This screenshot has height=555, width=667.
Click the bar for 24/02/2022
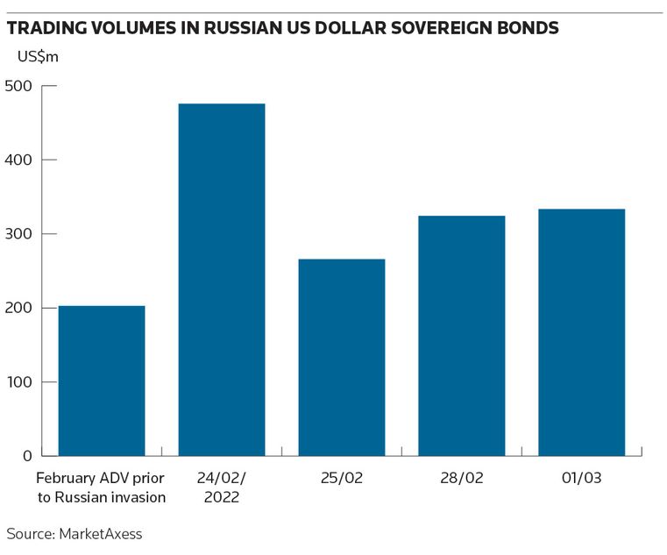(x=222, y=280)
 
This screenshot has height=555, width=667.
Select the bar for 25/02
(x=342, y=357)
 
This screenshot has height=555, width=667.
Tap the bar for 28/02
(x=462, y=336)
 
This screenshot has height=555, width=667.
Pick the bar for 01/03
(x=581, y=332)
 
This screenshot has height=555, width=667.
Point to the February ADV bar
(x=102, y=381)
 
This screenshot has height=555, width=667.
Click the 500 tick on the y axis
(x=18, y=86)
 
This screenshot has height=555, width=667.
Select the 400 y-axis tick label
(x=18, y=160)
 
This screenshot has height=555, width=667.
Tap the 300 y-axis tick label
(x=18, y=234)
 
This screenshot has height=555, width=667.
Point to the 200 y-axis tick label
(x=18, y=309)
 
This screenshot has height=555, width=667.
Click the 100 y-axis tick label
(x=18, y=382)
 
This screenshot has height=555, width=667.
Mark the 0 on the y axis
(x=26, y=456)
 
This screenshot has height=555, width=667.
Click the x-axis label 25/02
(x=342, y=480)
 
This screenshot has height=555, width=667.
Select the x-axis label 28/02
(x=462, y=480)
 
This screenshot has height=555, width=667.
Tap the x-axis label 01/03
(x=581, y=480)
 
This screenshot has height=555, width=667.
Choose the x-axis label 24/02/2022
(x=222, y=488)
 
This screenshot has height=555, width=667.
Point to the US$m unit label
(x=39, y=57)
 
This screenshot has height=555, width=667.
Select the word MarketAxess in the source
(x=99, y=533)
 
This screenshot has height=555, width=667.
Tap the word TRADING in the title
(x=43, y=28)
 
